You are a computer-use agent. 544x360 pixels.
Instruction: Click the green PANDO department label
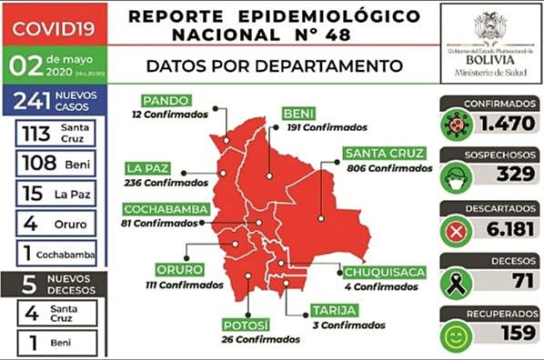166,100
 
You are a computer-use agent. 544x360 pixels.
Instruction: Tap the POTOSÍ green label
246,325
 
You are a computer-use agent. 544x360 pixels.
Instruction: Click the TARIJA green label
331,310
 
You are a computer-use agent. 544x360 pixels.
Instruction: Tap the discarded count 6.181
502,230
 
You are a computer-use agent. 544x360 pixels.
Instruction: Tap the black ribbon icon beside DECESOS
455,283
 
